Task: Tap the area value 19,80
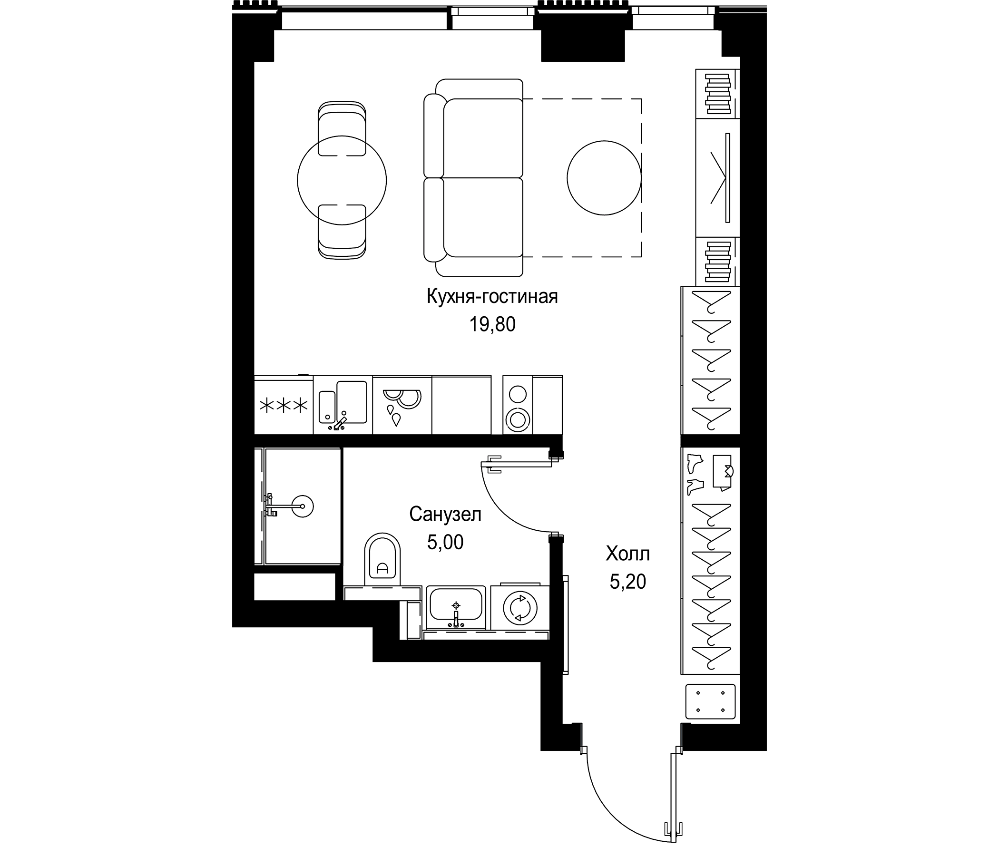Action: click(x=492, y=325)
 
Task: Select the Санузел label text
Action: click(x=445, y=515)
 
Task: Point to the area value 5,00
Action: click(x=445, y=543)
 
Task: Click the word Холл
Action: click(x=627, y=554)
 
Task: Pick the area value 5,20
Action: click(x=627, y=582)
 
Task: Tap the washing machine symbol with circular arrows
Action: click(x=520, y=609)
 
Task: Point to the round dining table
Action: click(x=342, y=180)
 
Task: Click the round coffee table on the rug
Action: click(x=604, y=178)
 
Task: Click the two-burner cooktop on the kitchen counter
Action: click(x=518, y=407)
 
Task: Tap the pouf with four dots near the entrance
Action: click(x=710, y=702)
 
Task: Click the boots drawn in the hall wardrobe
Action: click(x=695, y=474)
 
